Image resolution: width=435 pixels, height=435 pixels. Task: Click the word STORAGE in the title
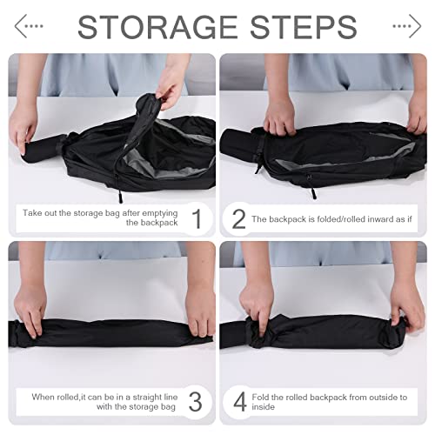pos(157,27)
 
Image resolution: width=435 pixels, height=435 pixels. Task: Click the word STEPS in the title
pos(304,27)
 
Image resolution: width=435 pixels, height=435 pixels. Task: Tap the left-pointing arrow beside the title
pos(29,26)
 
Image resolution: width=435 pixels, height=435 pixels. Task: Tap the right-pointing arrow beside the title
pos(407,26)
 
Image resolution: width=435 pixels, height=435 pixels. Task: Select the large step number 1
pos(197,218)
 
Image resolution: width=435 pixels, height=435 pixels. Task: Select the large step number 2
pos(239,219)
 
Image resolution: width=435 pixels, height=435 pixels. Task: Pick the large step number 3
pos(195,402)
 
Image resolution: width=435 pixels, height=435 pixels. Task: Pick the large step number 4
pos(240,402)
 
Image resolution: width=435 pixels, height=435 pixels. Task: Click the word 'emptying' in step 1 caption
pos(160,213)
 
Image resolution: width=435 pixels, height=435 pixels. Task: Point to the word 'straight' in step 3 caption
pos(148,397)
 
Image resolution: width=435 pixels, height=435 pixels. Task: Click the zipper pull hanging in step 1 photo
pos(119,195)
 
